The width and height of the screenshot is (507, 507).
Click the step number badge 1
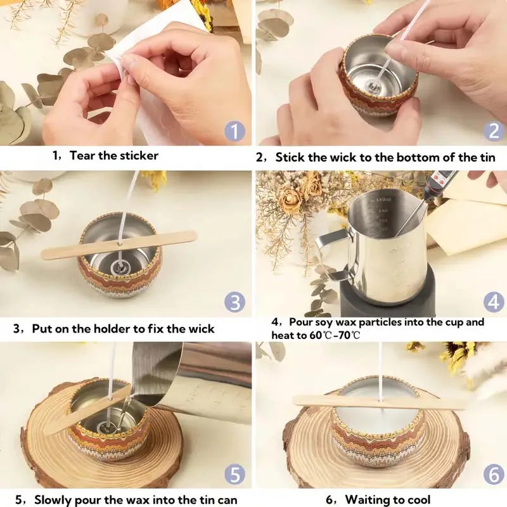[x=234, y=132]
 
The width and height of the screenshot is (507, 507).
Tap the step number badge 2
[x=494, y=131]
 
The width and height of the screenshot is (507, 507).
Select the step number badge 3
[x=234, y=302]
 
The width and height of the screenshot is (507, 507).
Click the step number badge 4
[x=494, y=302]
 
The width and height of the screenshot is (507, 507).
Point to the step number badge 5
[x=234, y=473]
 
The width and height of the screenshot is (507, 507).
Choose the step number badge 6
[x=494, y=473]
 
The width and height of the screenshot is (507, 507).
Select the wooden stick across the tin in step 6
[x=380, y=402]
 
